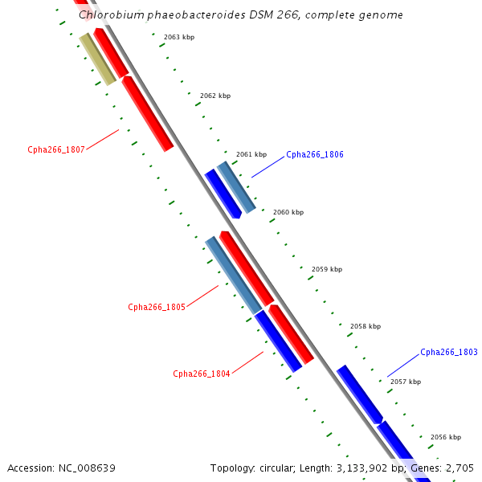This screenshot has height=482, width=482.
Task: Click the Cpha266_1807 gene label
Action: pyautogui.click(x=56, y=149)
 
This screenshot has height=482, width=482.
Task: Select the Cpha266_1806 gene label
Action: pyautogui.click(x=315, y=154)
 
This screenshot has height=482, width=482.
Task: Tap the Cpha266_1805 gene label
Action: pyautogui.click(x=157, y=307)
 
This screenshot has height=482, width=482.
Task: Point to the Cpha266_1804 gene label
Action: pyautogui.click(x=202, y=374)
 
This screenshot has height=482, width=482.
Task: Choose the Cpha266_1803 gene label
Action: pyautogui.click(x=449, y=352)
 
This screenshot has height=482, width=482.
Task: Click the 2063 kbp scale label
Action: pyautogui.click(x=178, y=37)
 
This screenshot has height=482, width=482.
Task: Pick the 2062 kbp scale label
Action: pyautogui.click(x=215, y=96)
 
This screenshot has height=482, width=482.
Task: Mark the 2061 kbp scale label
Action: pyautogui.click(x=251, y=154)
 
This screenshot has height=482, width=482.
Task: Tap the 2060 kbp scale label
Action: pyautogui.click(x=288, y=212)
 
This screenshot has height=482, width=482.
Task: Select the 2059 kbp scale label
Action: pyautogui.click(x=327, y=269)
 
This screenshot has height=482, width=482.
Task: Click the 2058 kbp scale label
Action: pyautogui.click(x=366, y=326)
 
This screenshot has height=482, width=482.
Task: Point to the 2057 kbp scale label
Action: pyautogui.click(x=406, y=382)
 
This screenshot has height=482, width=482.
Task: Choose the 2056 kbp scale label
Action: pyautogui.click(x=446, y=437)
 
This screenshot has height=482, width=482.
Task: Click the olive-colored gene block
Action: pyautogui.click(x=97, y=59)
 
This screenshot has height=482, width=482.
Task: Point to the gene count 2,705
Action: pyautogui.click(x=459, y=468)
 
